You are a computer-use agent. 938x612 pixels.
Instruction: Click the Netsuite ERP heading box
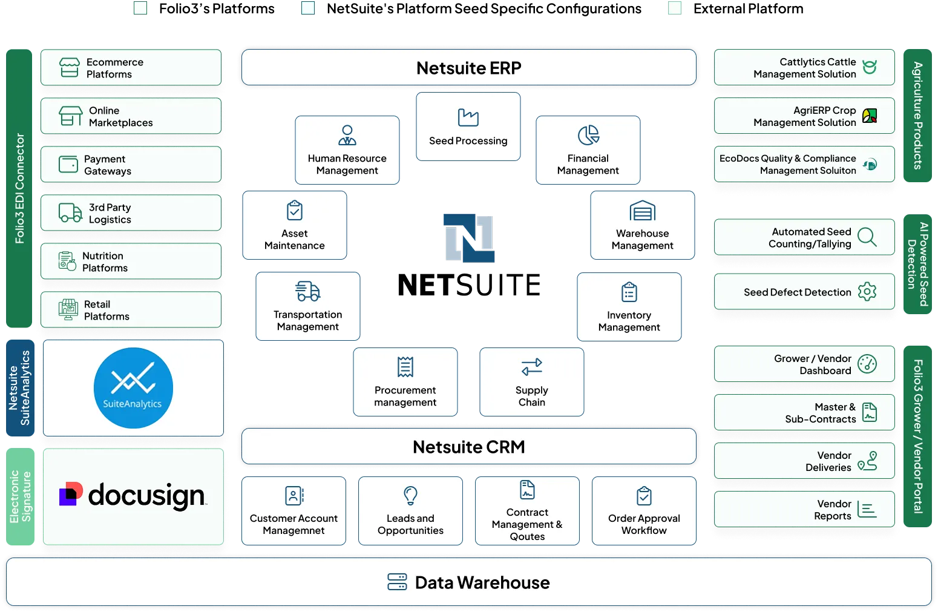(x=468, y=67)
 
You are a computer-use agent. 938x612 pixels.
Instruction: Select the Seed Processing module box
(x=468, y=127)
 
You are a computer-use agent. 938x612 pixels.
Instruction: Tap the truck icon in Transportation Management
(x=307, y=291)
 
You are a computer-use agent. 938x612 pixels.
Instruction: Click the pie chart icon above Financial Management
(x=588, y=135)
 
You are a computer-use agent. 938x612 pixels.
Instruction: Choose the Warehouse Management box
(x=642, y=225)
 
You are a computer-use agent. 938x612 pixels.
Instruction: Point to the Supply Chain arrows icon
(x=532, y=367)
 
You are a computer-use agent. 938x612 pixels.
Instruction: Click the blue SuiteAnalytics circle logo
(x=133, y=388)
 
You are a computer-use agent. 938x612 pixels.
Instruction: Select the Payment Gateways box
(x=131, y=165)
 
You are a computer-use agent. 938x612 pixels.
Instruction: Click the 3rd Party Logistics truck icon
(x=70, y=213)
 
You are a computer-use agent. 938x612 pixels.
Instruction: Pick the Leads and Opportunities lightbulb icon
(x=410, y=495)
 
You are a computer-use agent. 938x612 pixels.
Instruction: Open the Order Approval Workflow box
(x=644, y=512)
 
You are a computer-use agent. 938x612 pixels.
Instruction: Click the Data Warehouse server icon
(x=397, y=582)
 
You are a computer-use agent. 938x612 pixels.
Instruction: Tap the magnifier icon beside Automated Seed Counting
(x=867, y=237)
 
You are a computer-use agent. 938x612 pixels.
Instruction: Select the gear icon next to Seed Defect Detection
(x=867, y=292)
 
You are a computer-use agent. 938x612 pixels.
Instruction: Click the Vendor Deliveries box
(x=804, y=461)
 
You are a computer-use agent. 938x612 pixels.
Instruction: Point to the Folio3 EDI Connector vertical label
(x=19, y=188)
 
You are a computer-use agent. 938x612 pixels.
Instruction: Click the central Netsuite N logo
(x=468, y=239)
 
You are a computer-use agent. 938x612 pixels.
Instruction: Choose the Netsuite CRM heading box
(x=468, y=447)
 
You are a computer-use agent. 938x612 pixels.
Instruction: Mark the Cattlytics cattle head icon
(x=870, y=67)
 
